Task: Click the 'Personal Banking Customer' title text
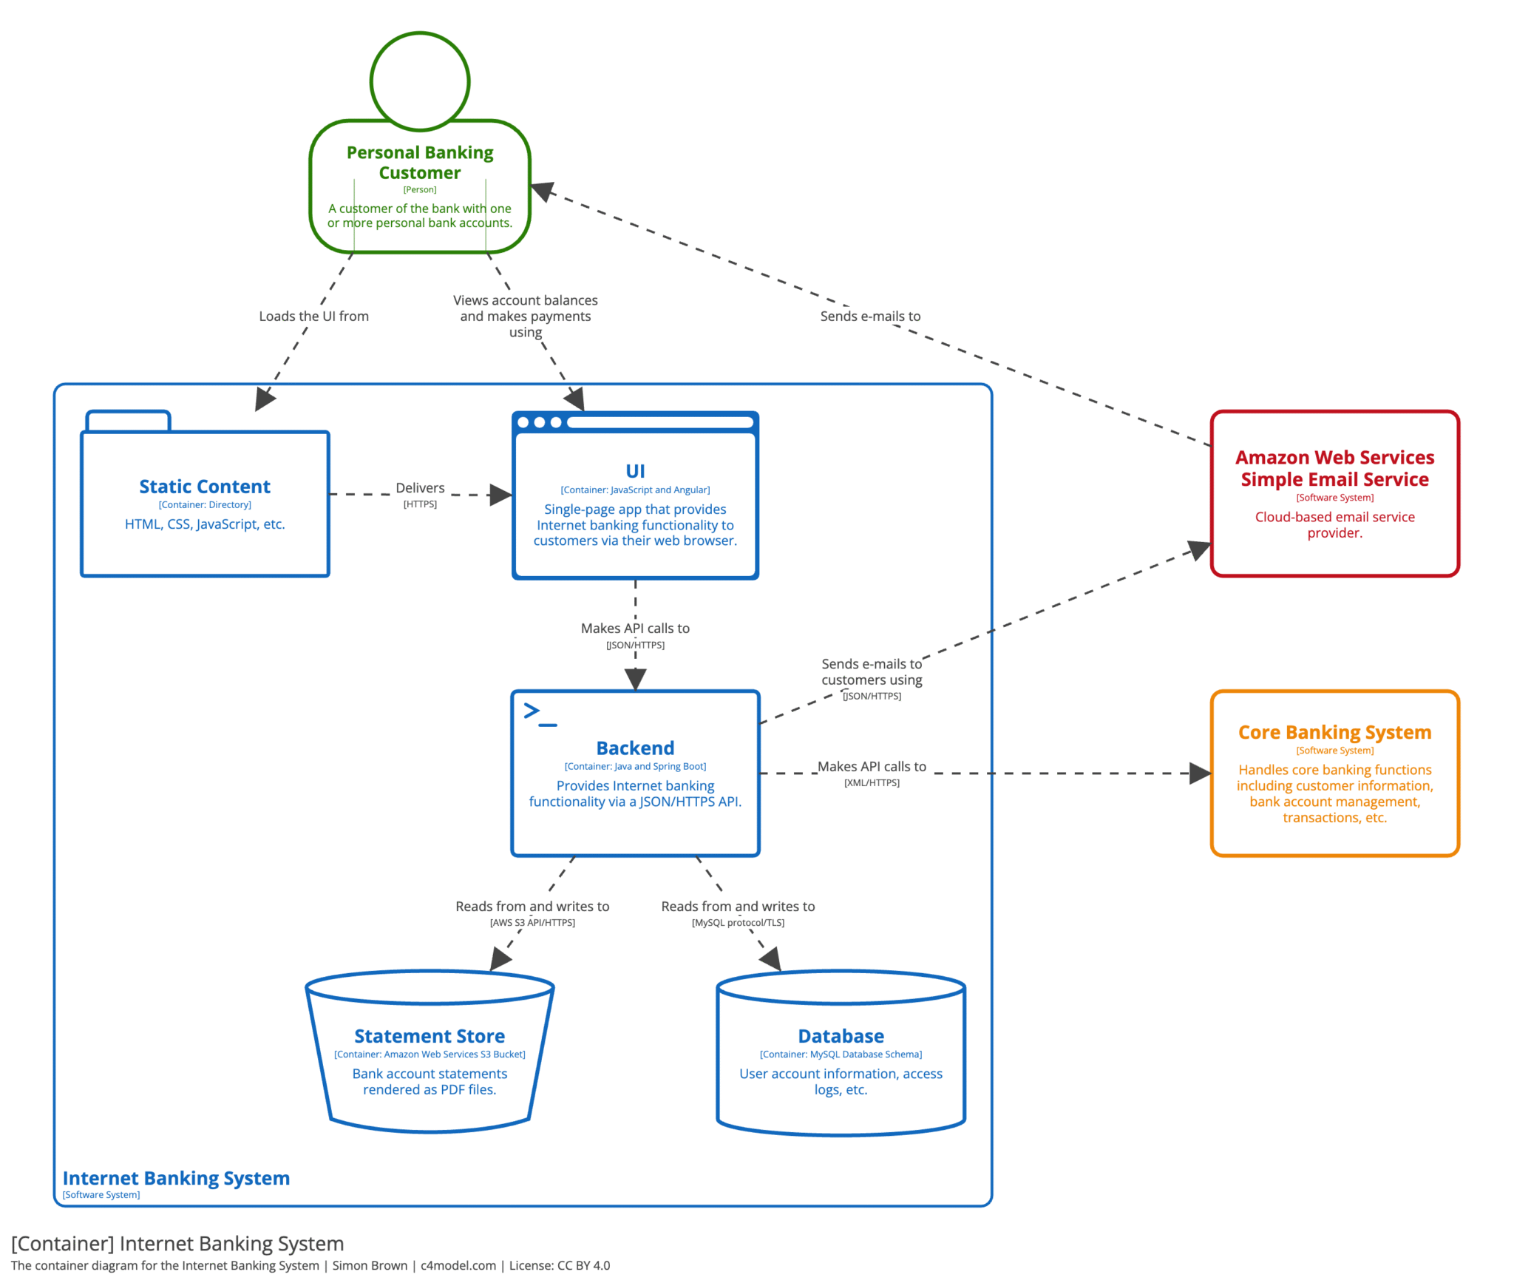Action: tap(419, 162)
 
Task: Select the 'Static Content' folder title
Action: tap(205, 486)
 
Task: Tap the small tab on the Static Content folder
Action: tap(128, 421)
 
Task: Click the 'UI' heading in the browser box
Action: tap(634, 470)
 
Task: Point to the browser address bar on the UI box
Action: tap(659, 422)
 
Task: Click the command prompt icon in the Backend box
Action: tap(540, 714)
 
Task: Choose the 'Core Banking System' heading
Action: tap(1334, 731)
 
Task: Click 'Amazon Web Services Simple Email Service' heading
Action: tap(1334, 467)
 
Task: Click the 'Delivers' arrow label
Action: tap(419, 487)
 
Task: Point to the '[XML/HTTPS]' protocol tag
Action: tap(871, 782)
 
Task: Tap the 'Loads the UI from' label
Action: tap(313, 316)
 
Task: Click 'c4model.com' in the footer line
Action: tap(458, 1265)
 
